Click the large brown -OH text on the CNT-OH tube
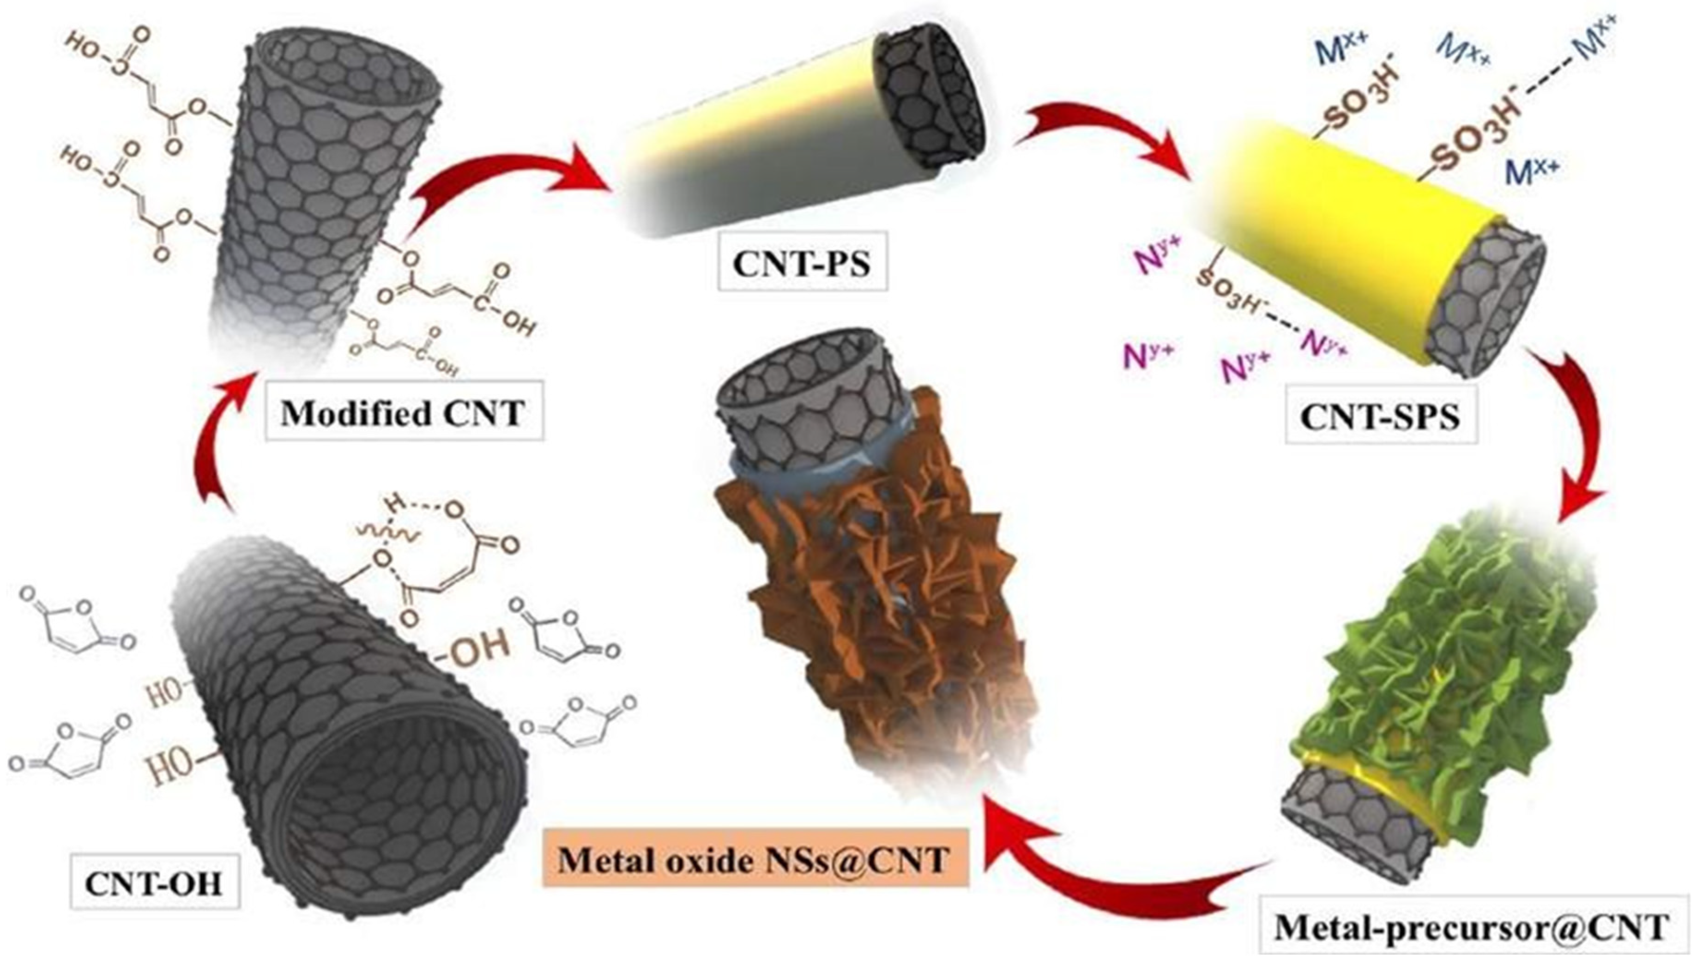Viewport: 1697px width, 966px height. click(x=476, y=646)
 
